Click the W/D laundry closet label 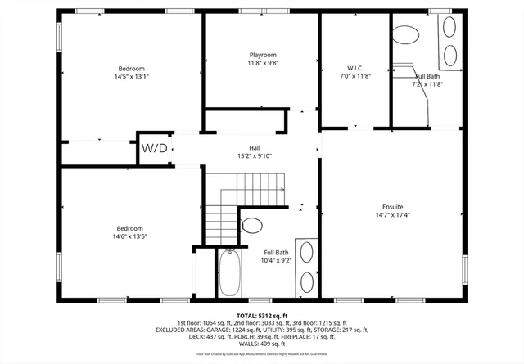pyautogui.click(x=154, y=148)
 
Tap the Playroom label pyautogui.click(x=262, y=55)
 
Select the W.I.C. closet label pyautogui.click(x=355, y=67)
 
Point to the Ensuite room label pyautogui.click(x=392, y=207)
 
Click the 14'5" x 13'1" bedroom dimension pyautogui.click(x=131, y=76)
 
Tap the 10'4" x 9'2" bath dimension pyautogui.click(x=276, y=261)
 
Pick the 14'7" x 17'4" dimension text pyautogui.click(x=392, y=215)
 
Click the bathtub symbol pyautogui.click(x=229, y=273)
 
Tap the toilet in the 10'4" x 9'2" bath pyautogui.click(x=251, y=224)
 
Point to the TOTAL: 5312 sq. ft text pyautogui.click(x=262, y=315)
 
